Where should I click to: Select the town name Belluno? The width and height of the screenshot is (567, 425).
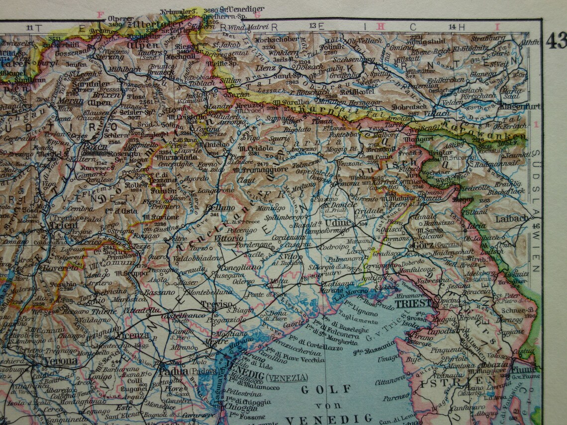(x=219, y=208)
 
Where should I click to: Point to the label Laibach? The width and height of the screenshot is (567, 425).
(x=512, y=218)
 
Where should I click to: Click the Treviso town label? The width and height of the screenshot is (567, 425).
(x=216, y=304)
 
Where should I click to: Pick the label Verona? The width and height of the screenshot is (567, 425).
(x=60, y=361)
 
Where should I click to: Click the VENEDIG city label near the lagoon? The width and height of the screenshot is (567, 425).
(x=243, y=377)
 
